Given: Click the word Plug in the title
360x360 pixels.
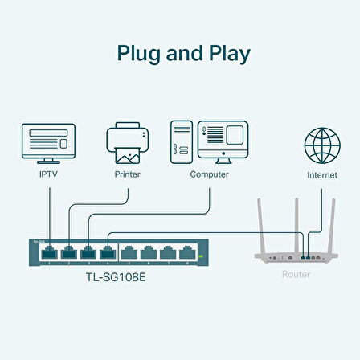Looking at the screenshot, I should coord(142,55).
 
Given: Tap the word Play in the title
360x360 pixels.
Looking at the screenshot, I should coord(224,55).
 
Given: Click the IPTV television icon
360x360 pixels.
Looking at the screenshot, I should coord(49,142).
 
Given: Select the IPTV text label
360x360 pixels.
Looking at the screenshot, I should coord(49,174).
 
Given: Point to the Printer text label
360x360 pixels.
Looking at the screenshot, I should coord(127,174).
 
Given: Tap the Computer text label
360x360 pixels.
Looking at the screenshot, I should coord(209,174).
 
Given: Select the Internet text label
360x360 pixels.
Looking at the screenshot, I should coord(321,174).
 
